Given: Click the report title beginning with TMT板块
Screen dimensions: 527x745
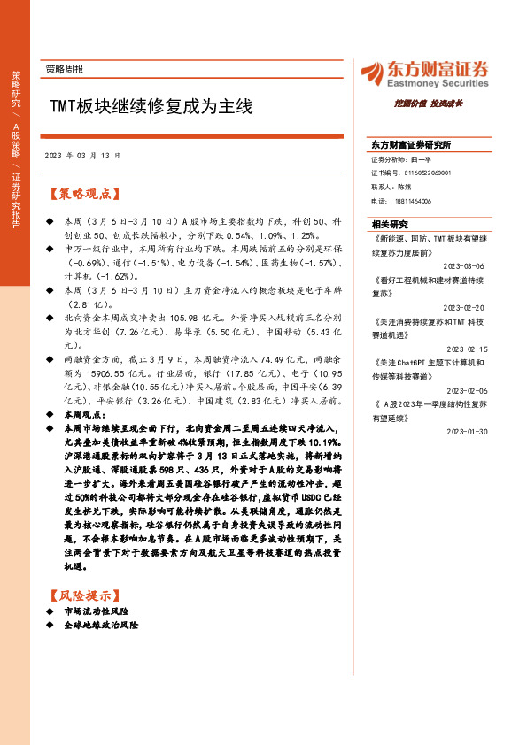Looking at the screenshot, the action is click(x=151, y=108).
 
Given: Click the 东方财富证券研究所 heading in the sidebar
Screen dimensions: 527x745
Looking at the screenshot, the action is click(x=411, y=144).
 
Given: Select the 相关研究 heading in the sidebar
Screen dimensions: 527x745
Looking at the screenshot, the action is click(x=390, y=224).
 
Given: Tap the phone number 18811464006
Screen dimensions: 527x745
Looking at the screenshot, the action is click(x=413, y=201).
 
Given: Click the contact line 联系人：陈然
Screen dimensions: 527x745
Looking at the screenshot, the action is click(x=392, y=188).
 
